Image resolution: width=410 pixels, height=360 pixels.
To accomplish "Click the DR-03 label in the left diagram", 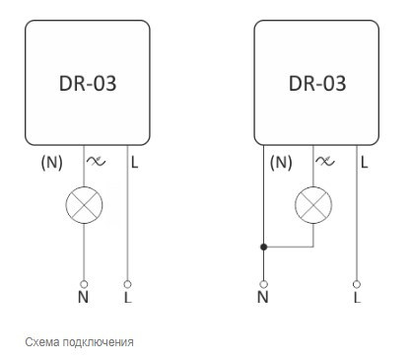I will click(x=88, y=83).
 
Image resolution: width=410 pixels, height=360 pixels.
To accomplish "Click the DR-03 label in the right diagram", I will click(x=317, y=83).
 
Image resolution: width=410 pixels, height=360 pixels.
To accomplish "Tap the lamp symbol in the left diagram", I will click(x=83, y=204).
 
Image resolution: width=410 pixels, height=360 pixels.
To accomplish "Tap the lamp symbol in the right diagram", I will click(x=313, y=204).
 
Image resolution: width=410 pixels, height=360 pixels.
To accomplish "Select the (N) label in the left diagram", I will click(x=51, y=162).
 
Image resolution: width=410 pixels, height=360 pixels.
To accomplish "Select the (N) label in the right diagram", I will click(x=282, y=162).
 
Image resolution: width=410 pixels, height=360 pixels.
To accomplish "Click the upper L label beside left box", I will click(x=134, y=162).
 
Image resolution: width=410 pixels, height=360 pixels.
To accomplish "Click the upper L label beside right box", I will click(x=365, y=162).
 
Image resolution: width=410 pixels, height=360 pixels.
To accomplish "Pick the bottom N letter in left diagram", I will click(x=83, y=296).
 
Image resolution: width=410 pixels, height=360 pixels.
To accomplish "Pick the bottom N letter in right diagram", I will click(x=262, y=296).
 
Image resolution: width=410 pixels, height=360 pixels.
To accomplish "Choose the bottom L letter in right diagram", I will click(x=357, y=296).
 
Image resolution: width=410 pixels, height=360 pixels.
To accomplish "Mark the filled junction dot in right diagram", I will click(x=262, y=248).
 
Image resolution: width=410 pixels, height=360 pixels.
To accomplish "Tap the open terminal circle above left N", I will click(x=83, y=283).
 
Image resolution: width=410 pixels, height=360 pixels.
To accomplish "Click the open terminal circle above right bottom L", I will click(x=357, y=283).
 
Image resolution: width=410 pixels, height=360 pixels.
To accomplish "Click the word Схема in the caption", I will click(x=41, y=343).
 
